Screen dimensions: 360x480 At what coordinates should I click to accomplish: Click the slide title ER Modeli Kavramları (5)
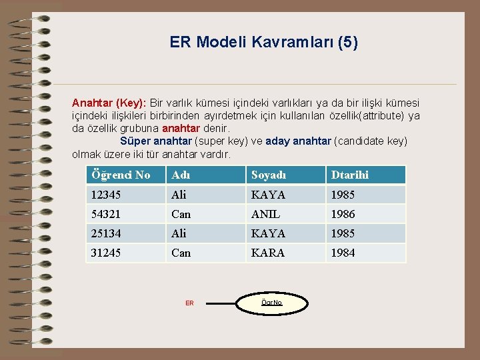point(263,43)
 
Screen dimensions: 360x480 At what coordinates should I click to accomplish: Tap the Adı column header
point(181,175)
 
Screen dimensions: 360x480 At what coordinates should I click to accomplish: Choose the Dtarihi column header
point(348,175)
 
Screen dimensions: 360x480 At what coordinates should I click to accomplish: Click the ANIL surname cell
point(266,214)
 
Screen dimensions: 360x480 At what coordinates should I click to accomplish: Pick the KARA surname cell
point(268,253)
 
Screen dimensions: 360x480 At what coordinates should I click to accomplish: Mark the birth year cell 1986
point(342,214)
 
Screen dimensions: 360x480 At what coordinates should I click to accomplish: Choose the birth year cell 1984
point(342,253)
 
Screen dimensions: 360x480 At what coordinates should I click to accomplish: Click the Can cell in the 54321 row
point(181,214)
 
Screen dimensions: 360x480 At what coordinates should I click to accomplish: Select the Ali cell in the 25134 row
point(179,233)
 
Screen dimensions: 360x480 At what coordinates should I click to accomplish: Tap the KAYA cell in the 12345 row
point(268,195)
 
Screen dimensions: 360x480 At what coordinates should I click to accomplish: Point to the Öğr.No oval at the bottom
point(272,303)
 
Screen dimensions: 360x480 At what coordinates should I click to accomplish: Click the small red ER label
point(189,303)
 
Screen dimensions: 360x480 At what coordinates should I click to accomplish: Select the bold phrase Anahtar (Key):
point(109,103)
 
